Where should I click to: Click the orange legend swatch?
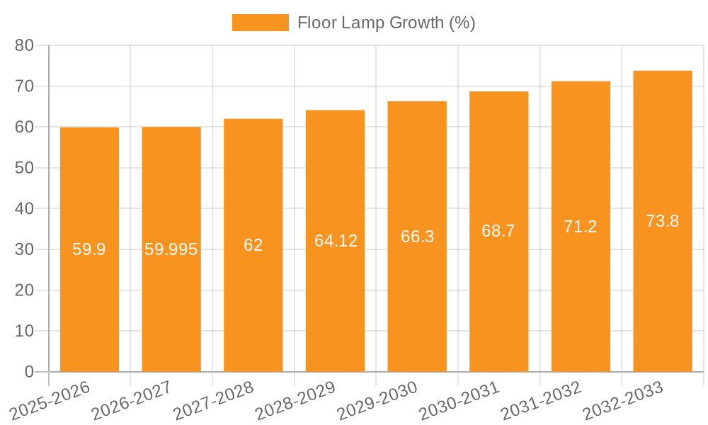pyautogui.click(x=260, y=23)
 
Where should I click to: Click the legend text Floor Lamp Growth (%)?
pyautogui.click(x=386, y=23)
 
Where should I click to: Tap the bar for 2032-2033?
pyautogui.click(x=663, y=297)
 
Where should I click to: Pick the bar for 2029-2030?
pyautogui.click(x=417, y=297)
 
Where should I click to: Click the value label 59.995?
pyautogui.click(x=171, y=249)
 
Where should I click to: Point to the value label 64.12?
pyautogui.click(x=336, y=241)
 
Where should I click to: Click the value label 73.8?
pyautogui.click(x=663, y=221)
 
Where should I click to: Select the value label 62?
pyautogui.click(x=253, y=245)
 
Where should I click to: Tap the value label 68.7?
pyautogui.click(x=498, y=231)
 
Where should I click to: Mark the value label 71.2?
pyautogui.click(x=581, y=227)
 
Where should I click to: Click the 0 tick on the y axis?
pyautogui.click(x=29, y=372)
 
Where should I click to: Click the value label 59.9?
pyautogui.click(x=89, y=249)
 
